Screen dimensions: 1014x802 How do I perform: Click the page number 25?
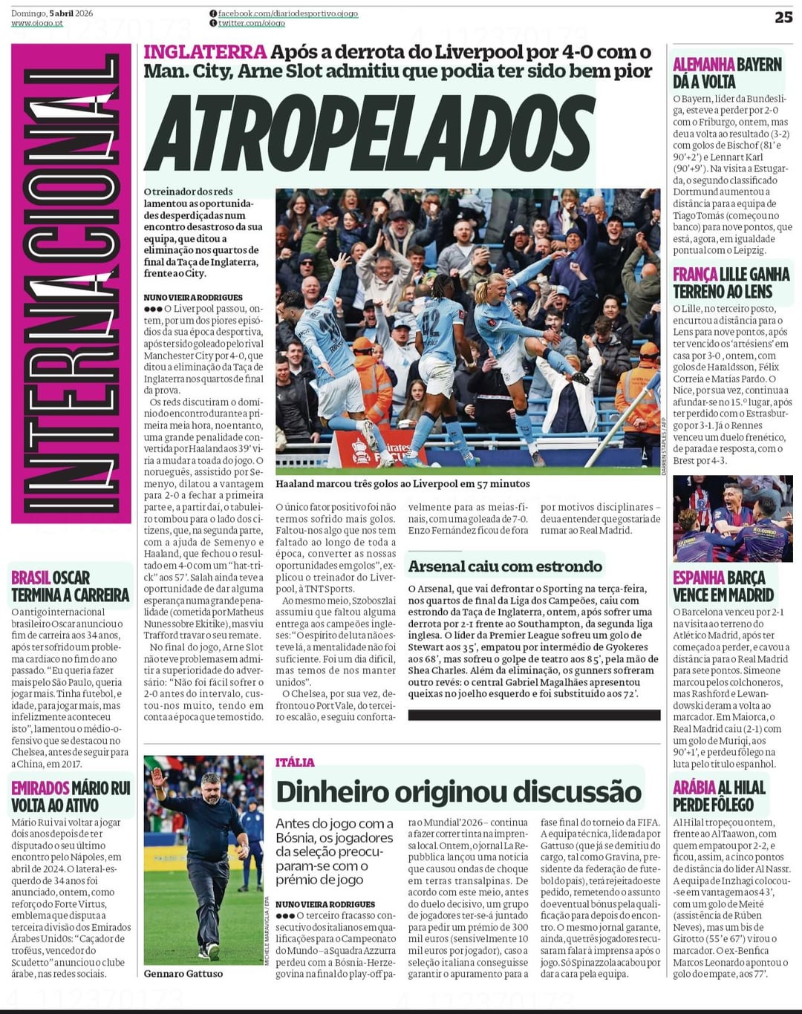(783, 16)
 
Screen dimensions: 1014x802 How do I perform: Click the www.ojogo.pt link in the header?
(37, 24)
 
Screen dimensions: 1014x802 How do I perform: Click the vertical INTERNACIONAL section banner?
(71, 284)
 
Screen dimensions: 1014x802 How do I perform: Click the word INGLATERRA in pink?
(204, 52)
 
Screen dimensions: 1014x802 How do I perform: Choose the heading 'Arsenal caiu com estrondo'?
(505, 566)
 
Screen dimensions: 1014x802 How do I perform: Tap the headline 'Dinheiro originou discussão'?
(458, 792)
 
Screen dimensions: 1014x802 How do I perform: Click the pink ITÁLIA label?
(295, 762)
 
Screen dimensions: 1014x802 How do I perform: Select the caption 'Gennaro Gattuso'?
(183, 974)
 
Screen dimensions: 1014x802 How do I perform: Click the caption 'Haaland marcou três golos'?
(402, 484)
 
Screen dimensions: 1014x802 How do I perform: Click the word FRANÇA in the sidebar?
(694, 275)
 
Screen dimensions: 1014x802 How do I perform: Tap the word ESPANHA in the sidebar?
(699, 578)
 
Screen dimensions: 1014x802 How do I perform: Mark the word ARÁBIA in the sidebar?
(694, 788)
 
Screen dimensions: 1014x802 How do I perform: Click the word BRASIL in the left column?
(30, 578)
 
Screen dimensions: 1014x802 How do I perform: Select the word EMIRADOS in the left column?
(40, 788)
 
